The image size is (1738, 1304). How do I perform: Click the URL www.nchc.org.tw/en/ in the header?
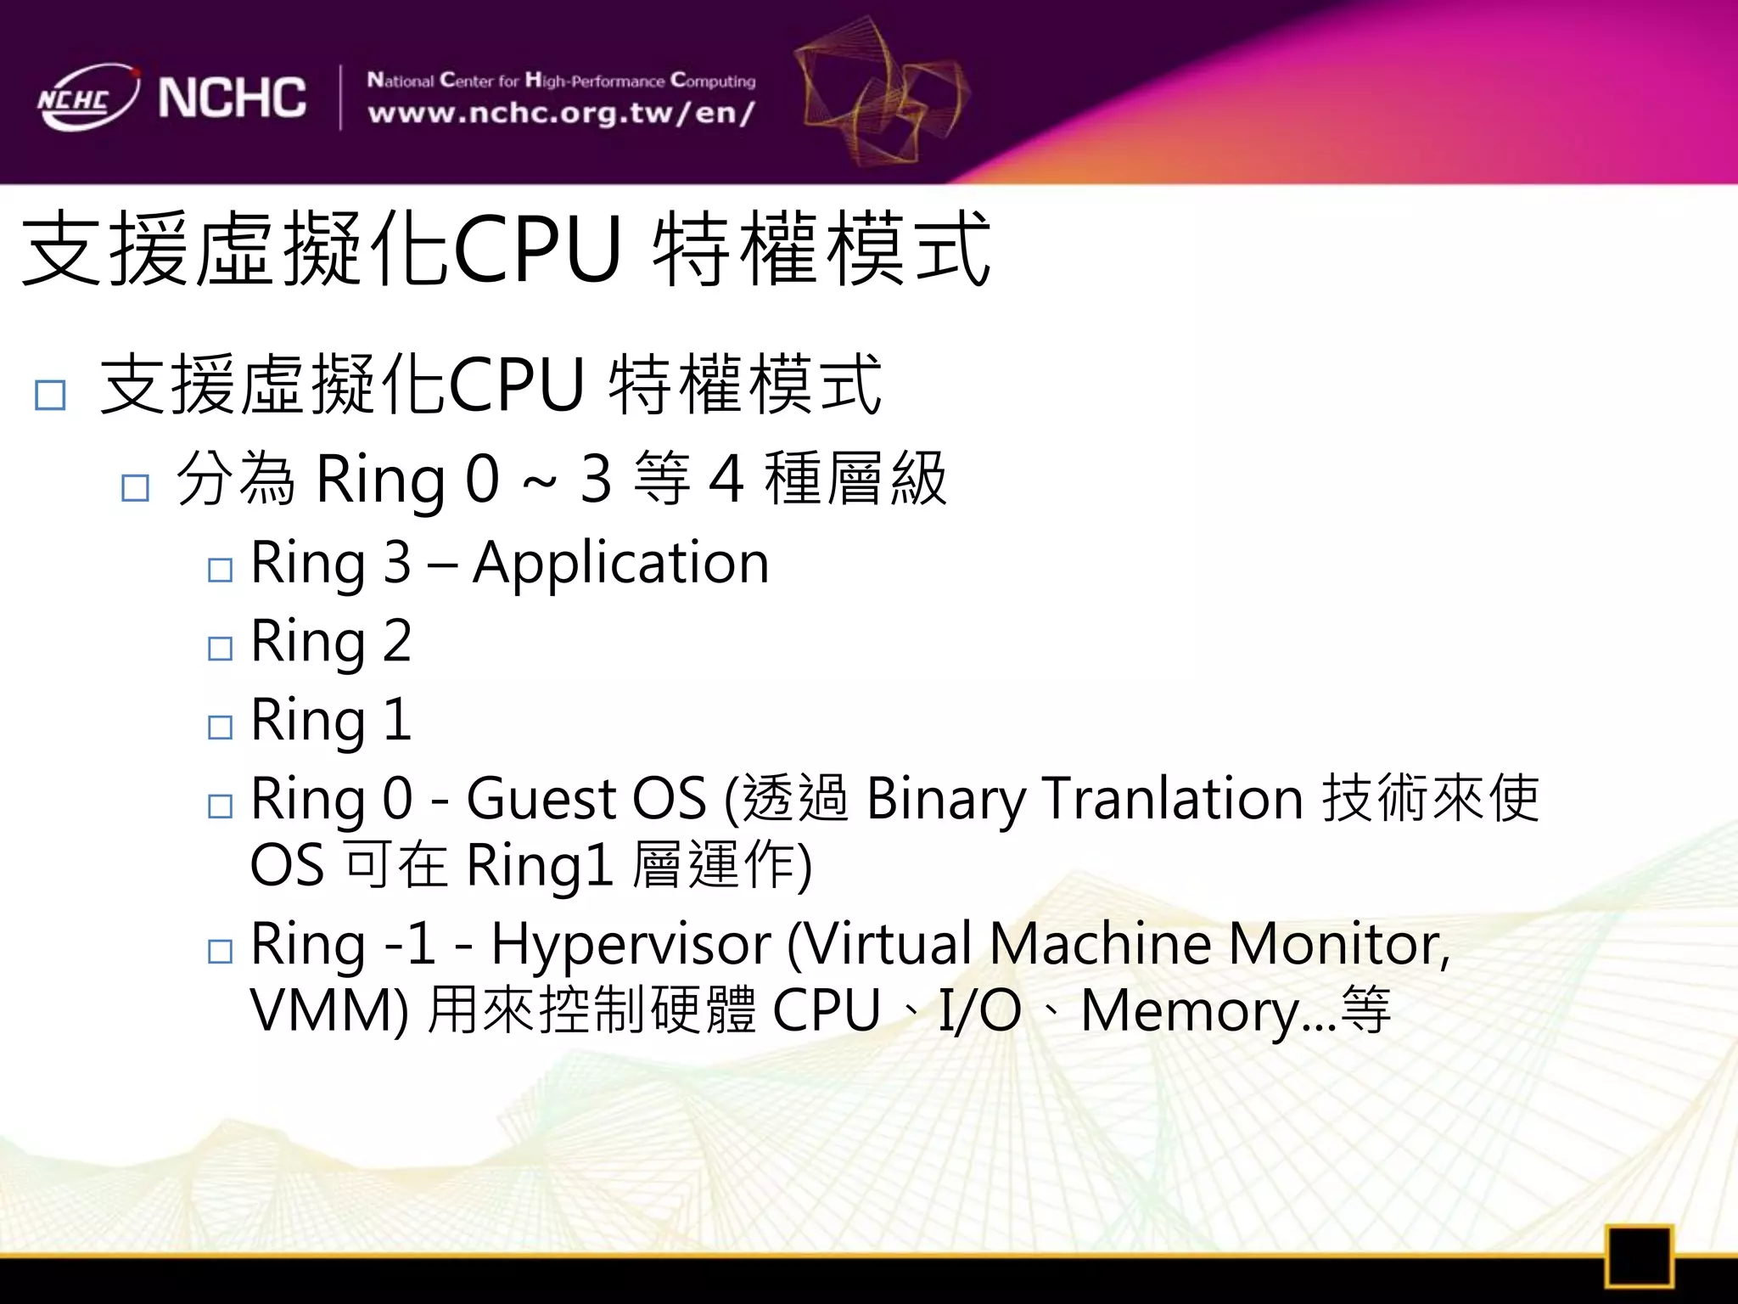(561, 114)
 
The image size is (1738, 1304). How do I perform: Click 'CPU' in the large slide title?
(538, 250)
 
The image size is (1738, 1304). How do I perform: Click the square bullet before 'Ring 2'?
(220, 649)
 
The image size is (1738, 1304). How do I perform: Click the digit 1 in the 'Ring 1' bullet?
(397, 720)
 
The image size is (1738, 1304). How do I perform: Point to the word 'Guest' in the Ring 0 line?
(540, 799)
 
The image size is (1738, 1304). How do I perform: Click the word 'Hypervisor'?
(631, 944)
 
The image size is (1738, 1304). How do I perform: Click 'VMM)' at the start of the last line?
(329, 1011)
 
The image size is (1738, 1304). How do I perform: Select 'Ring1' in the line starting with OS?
(540, 866)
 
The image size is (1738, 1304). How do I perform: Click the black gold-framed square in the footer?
(1638, 1256)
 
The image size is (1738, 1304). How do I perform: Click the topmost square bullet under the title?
(50, 395)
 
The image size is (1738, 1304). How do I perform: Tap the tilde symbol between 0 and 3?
(540, 482)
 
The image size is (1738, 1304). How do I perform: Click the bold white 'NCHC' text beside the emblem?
(232, 98)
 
